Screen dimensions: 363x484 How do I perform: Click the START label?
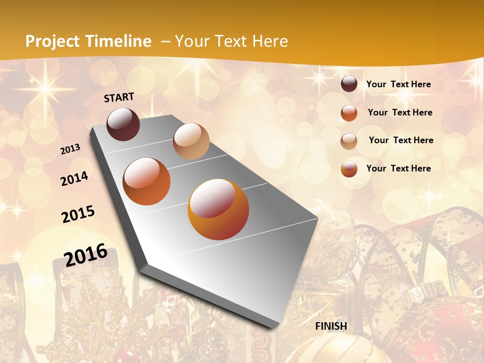[119, 97]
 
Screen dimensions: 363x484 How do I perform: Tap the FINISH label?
[331, 326]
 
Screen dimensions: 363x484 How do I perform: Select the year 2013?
[70, 149]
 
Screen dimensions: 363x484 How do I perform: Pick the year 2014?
[74, 178]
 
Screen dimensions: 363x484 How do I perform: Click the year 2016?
[86, 255]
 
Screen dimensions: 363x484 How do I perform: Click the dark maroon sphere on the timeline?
[123, 124]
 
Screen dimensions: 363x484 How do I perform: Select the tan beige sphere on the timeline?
[191, 141]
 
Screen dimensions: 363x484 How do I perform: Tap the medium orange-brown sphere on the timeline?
[147, 181]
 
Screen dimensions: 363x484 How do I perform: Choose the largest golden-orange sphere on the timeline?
[218, 209]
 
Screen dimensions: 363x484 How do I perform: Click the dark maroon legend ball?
[349, 84]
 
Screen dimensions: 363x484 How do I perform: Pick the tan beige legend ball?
[349, 141]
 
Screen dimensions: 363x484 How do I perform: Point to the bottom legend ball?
[349, 169]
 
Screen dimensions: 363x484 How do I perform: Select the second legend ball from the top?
[349, 113]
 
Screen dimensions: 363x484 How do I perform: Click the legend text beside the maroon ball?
[398, 84]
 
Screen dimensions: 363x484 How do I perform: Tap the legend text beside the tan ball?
[401, 140]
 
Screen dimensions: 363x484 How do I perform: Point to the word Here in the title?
[270, 41]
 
